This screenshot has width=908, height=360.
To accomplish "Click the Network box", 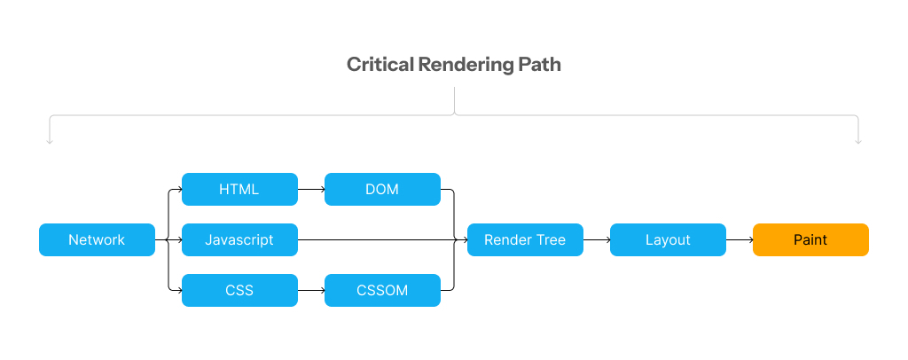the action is [97, 239].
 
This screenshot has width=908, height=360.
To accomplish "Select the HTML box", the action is [239, 189].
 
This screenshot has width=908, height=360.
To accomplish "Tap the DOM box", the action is [382, 189].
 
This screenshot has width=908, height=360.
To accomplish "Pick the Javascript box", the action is [239, 239].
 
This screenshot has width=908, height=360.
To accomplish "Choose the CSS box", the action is [239, 290].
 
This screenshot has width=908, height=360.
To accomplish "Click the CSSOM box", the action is [382, 290].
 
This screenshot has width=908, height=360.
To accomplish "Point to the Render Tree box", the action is [525, 239].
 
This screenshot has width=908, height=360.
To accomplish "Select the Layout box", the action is [668, 239].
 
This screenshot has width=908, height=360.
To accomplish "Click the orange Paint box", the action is [810, 239].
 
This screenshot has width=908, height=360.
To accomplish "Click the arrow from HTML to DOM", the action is [311, 189].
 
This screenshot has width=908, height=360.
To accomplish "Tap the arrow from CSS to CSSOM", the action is [311, 290].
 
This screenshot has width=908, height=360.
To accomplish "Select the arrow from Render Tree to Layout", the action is [597, 239].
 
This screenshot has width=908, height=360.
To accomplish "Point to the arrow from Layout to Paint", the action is [740, 239].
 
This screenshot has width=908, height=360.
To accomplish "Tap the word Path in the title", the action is [539, 64].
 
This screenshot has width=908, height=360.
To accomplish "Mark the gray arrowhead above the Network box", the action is [50, 141].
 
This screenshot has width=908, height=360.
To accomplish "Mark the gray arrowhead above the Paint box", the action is [858, 141].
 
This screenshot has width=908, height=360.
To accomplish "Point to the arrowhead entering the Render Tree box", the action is [465, 239].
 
